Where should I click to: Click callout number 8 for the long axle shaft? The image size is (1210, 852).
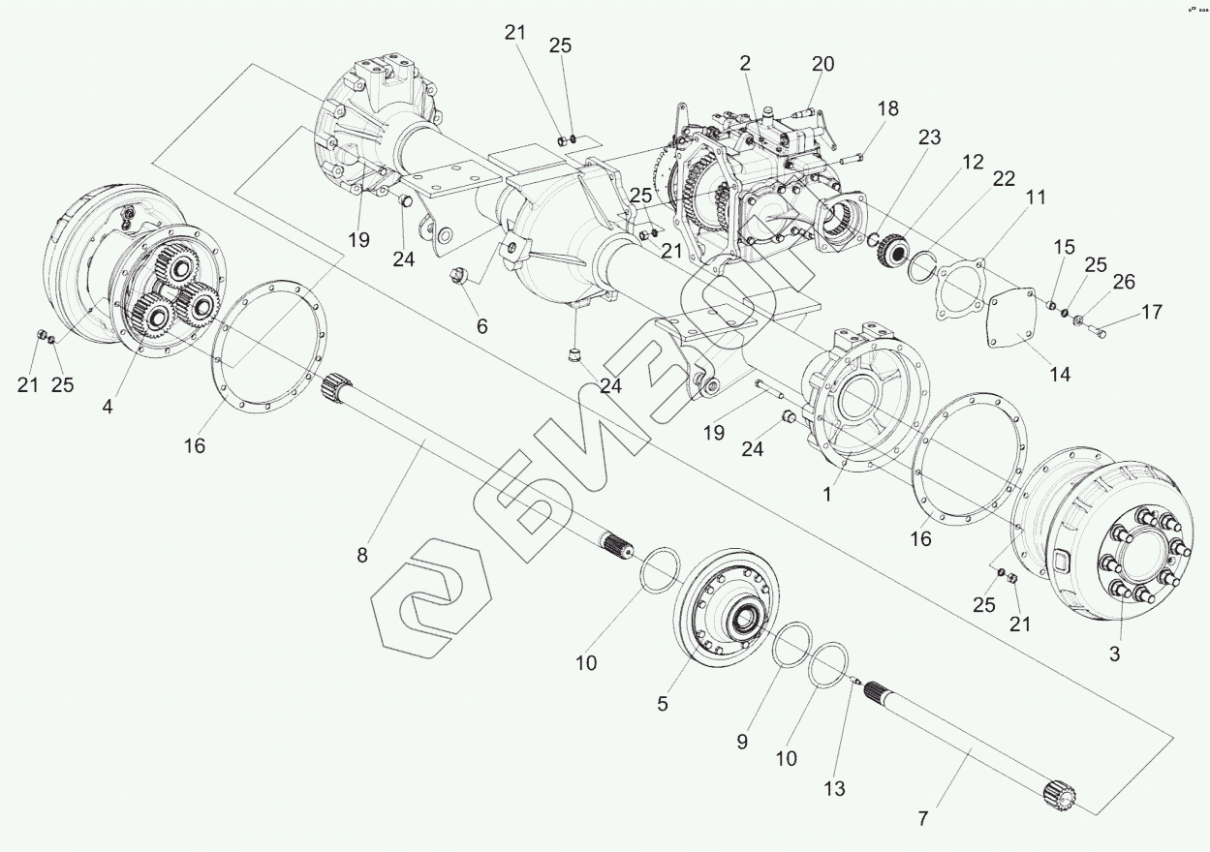(x=362, y=556)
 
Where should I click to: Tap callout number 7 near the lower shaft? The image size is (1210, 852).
(x=922, y=819)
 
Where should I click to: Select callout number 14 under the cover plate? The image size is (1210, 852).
(x=1061, y=374)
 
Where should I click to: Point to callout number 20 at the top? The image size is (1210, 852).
(x=822, y=64)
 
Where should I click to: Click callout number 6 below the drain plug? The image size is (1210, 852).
(x=481, y=326)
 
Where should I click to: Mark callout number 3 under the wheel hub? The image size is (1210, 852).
(x=1114, y=654)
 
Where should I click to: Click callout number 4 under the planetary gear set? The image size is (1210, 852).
(x=108, y=408)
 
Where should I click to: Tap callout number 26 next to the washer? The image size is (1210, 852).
(x=1123, y=282)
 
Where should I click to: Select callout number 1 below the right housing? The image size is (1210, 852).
(x=827, y=493)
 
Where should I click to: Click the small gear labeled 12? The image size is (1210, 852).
(x=889, y=252)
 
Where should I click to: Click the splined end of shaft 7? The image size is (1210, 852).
(x=1061, y=795)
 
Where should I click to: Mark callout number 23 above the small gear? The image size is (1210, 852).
(x=929, y=138)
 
